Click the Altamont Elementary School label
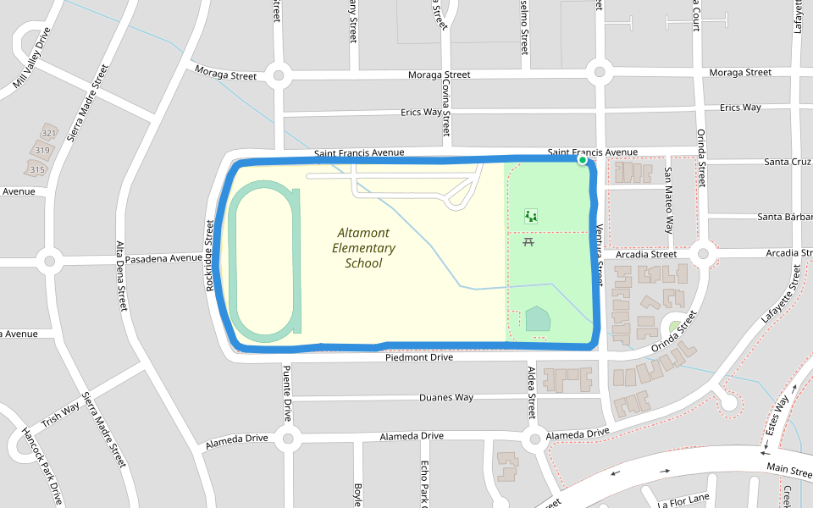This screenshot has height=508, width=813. coord(364,247)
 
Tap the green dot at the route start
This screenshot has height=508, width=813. coord(583,159)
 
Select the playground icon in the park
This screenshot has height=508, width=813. coord(531,216)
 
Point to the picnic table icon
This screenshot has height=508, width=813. coord(528,242)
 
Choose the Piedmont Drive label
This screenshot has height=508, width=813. coord(419,357)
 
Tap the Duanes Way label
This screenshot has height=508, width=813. coord(446,397)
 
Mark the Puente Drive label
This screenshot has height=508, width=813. coord(287,394)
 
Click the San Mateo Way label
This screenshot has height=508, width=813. coord(668,201)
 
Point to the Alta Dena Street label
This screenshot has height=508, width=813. coord(120,275)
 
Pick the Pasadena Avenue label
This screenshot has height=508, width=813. coord(163,257)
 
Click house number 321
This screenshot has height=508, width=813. coord(48,134)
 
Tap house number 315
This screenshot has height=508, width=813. coord(36,170)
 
